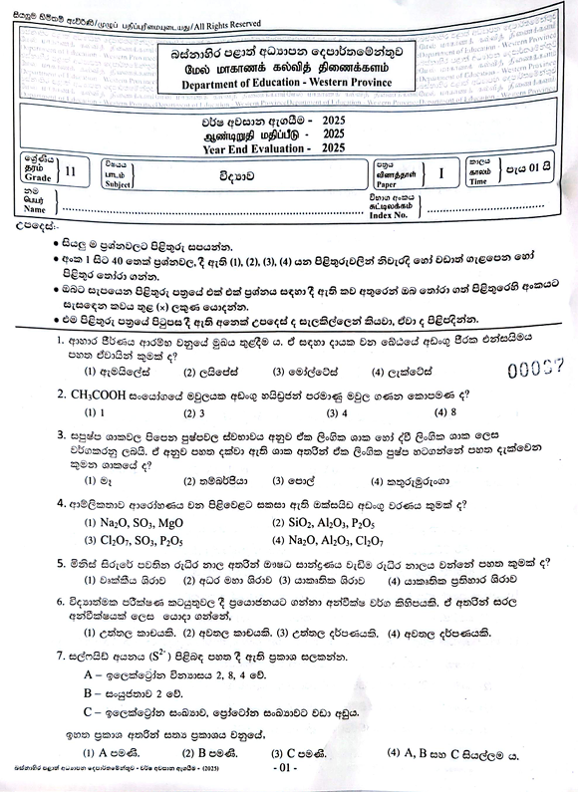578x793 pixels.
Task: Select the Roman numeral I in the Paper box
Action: coord(440,172)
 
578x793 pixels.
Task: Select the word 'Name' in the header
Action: coord(34,210)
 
